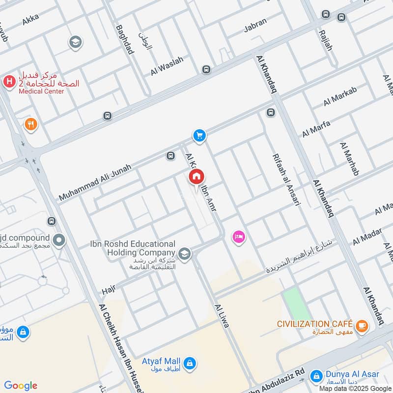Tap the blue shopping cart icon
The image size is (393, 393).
[199, 135]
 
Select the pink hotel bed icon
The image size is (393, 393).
[239, 237]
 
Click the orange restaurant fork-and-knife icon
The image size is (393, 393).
[31, 124]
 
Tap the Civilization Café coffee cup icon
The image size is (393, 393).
[362, 325]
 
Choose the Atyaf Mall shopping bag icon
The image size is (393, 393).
[191, 364]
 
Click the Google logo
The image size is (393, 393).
[21, 386]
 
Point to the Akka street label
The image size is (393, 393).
[30, 19]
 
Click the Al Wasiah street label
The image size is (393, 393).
[167, 66]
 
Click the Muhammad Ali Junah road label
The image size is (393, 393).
[95, 183]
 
